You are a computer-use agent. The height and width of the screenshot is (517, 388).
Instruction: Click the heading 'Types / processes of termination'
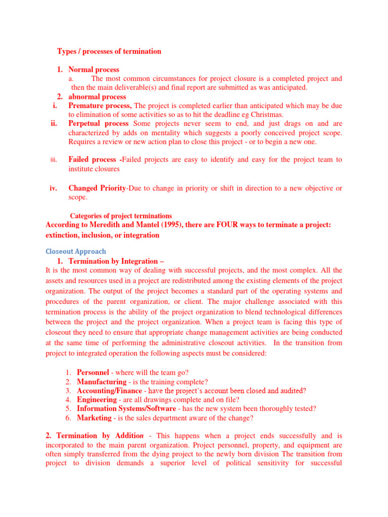(109, 51)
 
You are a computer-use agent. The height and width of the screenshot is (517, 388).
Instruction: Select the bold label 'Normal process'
(94, 70)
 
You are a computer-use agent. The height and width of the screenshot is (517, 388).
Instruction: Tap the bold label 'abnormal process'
(98, 97)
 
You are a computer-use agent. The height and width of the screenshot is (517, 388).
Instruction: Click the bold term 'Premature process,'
(100, 106)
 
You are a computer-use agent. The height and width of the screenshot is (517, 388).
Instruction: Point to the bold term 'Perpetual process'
(99, 124)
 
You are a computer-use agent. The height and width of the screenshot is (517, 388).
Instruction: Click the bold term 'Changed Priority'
(97, 188)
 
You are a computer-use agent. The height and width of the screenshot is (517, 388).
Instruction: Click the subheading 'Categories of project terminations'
(121, 216)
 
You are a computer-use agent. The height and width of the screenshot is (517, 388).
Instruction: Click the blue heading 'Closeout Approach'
(76, 251)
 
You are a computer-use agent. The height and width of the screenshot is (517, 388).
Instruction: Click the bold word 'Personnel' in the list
(93, 373)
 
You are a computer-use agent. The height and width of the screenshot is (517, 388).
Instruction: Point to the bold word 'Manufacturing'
(102, 382)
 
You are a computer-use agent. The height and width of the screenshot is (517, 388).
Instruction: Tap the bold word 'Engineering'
(97, 399)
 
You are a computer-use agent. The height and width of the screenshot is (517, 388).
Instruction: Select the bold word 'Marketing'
(94, 418)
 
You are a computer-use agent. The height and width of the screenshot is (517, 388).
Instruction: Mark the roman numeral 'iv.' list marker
(53, 188)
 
